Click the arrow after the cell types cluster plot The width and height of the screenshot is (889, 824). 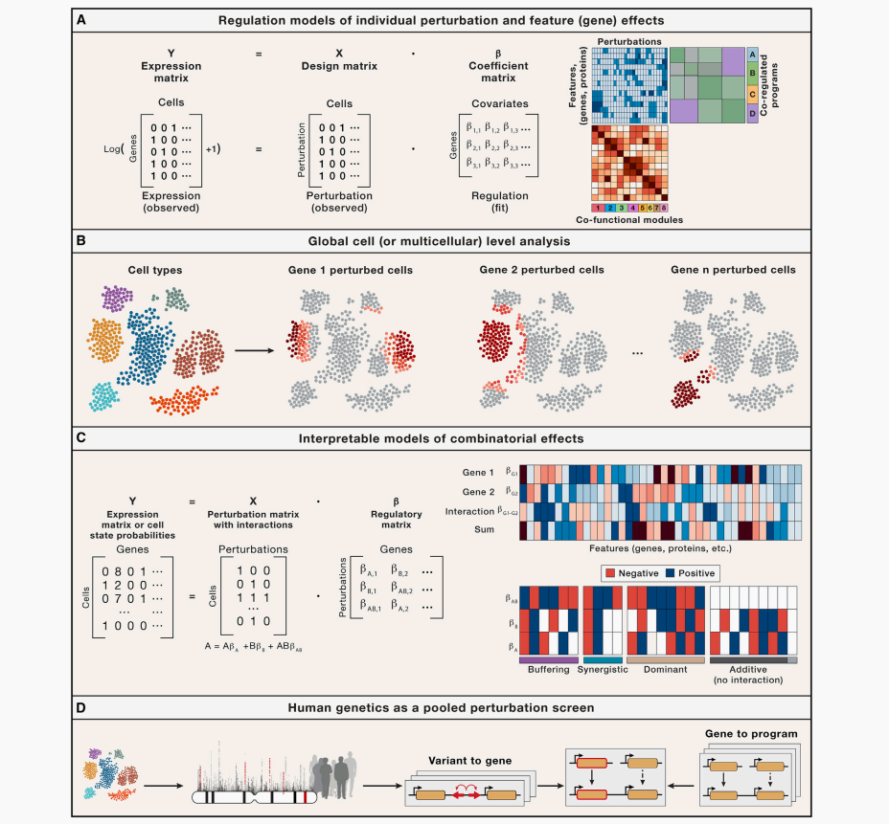coord(252,349)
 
